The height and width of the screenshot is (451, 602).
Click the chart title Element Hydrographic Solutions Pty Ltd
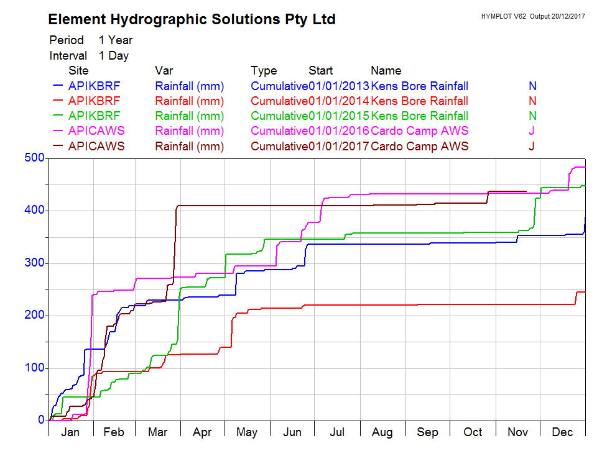point(192,20)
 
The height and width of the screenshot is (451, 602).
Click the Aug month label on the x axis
point(382,432)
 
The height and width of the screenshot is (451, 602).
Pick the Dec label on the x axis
point(563,432)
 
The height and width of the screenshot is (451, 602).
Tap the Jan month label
point(70,432)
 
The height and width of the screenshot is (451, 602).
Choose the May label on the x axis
point(247,432)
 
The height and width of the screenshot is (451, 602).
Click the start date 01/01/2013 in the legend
point(339,86)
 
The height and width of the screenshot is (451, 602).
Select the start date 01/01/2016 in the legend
point(339,131)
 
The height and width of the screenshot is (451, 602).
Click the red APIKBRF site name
point(95,101)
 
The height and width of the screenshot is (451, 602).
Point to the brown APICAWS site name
point(96,147)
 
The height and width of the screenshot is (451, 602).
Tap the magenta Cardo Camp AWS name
point(420,131)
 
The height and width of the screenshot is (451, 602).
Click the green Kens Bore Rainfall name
point(420,116)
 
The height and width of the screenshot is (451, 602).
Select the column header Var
point(164,71)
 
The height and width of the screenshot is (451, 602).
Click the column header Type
point(264,71)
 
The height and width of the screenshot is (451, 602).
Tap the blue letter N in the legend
point(532,86)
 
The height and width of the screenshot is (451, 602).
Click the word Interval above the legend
point(68,56)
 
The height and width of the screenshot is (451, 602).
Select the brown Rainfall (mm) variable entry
point(190,147)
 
